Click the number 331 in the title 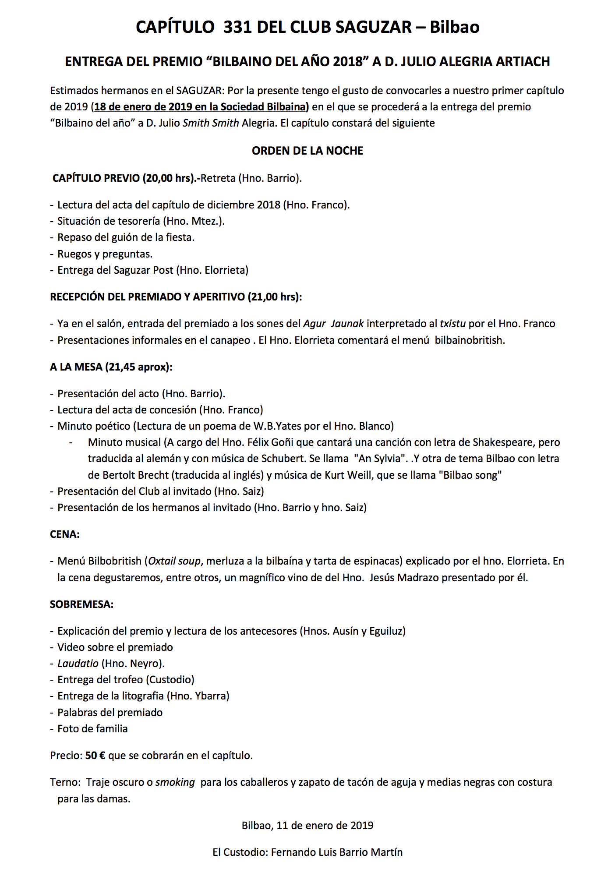pos(238,27)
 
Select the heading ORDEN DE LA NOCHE pos(308,151)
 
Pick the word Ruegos pos(74,254)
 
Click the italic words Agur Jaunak pos(333,324)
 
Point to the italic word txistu pos(452,324)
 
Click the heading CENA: pos(65,534)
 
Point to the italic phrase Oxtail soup pos(174,561)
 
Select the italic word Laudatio pos(78,664)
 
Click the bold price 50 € pos(95,756)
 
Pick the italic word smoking pos(175,782)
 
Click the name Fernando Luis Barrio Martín pos(336,852)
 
